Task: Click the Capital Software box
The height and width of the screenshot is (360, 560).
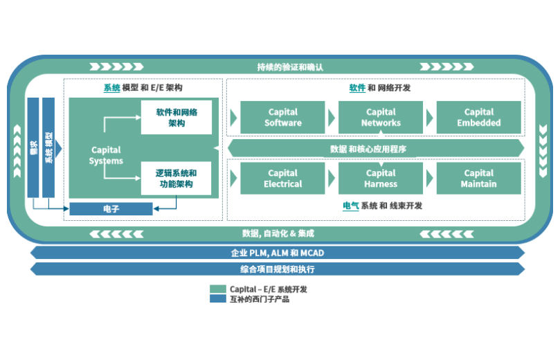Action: pos(283,117)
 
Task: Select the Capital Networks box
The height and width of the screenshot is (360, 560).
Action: pos(381,117)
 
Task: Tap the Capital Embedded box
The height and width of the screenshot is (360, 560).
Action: pos(478,117)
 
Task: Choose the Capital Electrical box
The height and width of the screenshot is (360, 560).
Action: pos(283,178)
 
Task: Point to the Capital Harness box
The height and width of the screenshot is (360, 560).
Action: pos(381,178)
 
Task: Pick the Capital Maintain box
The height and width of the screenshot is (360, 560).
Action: pos(478,178)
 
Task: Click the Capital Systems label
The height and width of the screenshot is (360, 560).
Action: pos(106,155)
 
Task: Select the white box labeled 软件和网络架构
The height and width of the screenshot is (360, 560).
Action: pos(176,117)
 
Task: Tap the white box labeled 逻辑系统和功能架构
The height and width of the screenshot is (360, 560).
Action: pos(176,178)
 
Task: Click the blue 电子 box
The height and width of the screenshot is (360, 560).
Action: pos(111,208)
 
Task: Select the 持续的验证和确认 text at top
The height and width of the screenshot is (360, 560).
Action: pos(290,67)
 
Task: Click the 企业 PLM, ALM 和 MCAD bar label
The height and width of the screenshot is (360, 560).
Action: pos(278,253)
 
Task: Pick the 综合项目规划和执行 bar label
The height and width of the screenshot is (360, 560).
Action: pos(278,269)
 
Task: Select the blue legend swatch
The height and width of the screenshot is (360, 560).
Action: pos(217,299)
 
